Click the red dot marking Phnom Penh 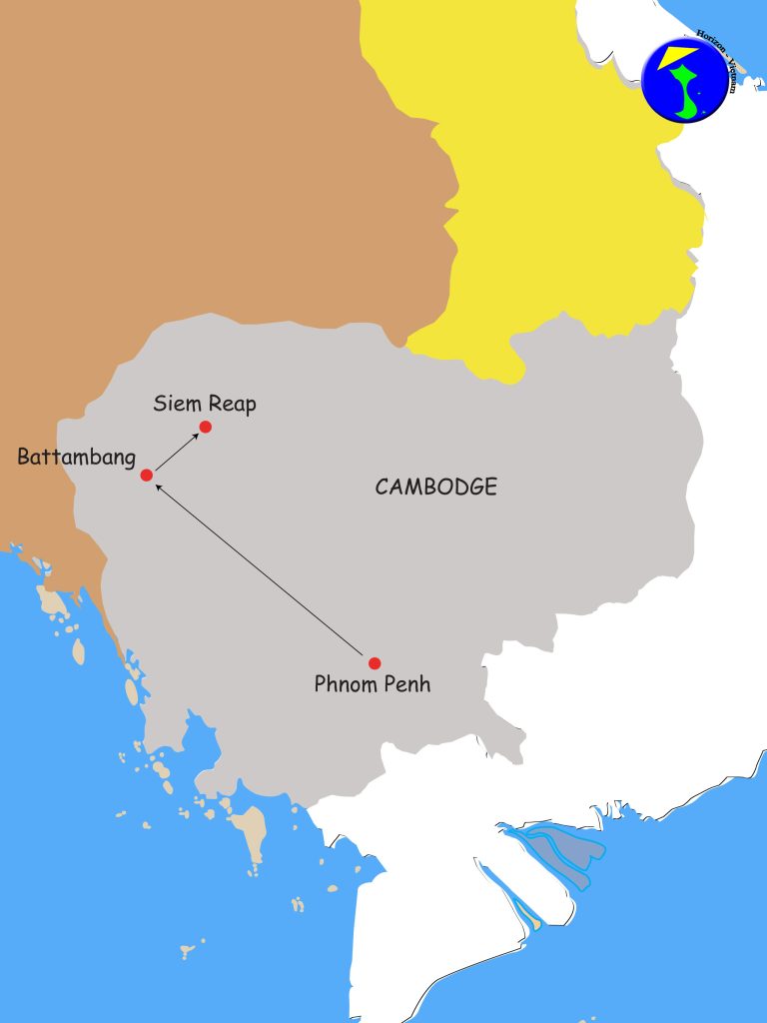375,663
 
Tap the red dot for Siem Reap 206,428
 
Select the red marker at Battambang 147,475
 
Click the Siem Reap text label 205,404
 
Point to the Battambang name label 76,458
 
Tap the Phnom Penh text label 372,685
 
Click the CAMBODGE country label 435,487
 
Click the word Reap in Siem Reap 233,405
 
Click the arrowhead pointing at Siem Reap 195,437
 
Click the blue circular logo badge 685,80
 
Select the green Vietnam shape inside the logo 689,95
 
